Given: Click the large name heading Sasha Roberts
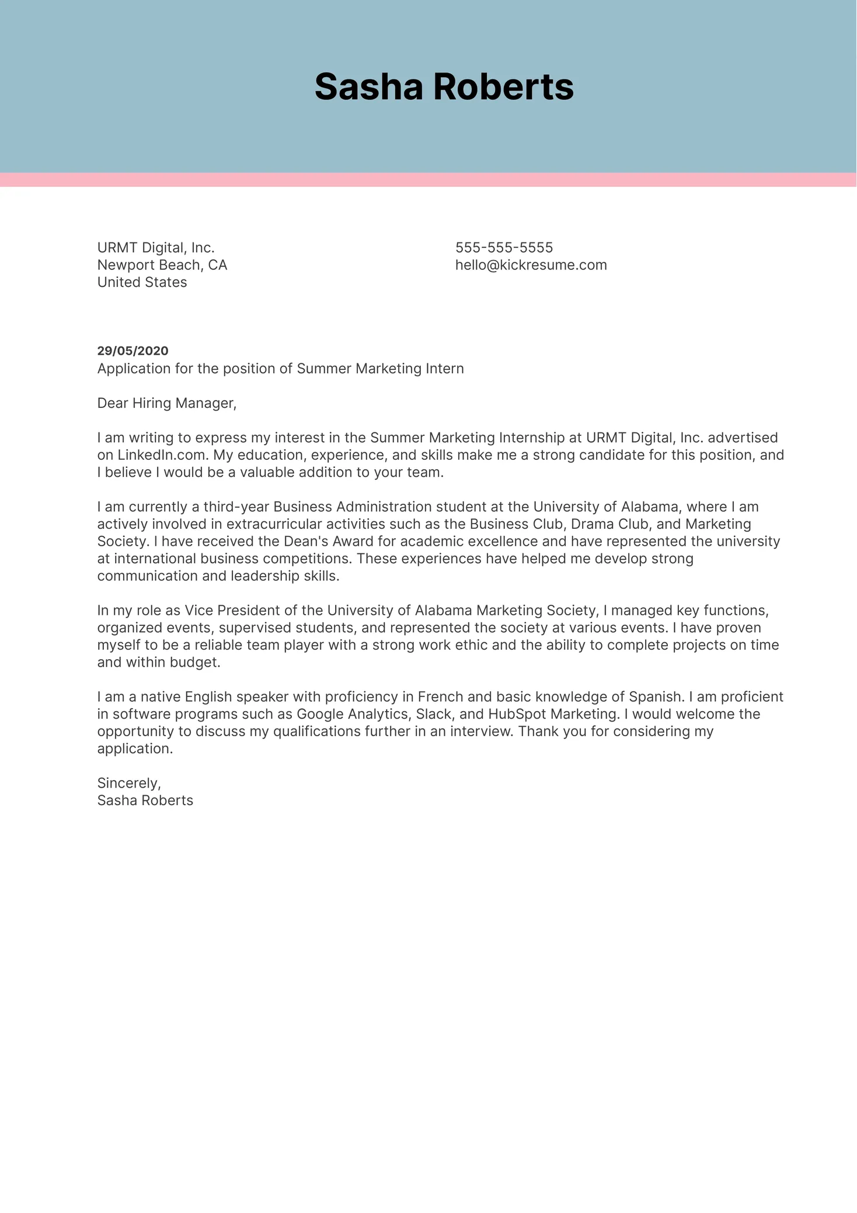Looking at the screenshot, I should [444, 87].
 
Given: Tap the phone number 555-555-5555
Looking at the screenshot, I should [504, 248].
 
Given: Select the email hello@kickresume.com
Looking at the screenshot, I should [531, 265].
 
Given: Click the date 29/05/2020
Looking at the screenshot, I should [133, 351].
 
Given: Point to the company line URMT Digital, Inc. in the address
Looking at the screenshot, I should [156, 248].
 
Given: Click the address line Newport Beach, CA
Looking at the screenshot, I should [162, 265].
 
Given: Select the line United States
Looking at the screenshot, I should [142, 282].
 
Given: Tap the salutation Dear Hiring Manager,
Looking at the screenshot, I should [167, 403].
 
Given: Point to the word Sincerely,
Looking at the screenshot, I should [129, 783].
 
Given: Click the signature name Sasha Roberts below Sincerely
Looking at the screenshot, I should [145, 800].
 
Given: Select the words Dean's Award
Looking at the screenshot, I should [324, 542].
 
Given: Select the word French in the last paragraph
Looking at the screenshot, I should [440, 697].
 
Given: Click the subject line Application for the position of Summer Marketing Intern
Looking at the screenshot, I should [280, 369].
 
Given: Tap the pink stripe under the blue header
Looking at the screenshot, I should [428, 180].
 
